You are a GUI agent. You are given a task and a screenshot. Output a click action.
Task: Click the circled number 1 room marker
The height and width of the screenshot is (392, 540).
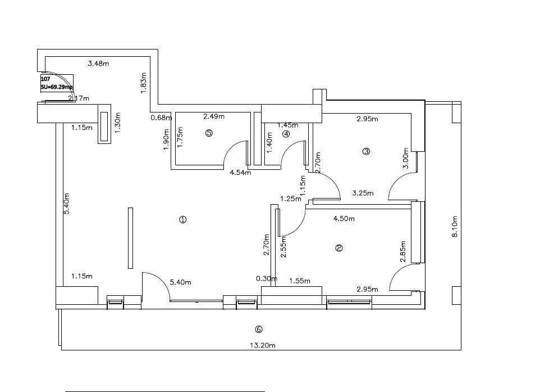(182, 219)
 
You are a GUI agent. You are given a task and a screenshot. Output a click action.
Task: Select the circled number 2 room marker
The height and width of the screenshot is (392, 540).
(339, 247)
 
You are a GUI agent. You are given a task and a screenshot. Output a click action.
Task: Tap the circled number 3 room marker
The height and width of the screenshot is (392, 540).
(367, 151)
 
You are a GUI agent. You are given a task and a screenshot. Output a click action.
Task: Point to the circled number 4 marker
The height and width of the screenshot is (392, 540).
(286, 134)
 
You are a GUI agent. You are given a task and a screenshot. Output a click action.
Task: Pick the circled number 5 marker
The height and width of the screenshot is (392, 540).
(209, 133)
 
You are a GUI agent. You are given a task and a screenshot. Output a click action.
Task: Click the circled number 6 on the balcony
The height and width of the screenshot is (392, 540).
(258, 329)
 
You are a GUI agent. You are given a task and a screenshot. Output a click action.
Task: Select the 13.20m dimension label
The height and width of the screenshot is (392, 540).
(263, 346)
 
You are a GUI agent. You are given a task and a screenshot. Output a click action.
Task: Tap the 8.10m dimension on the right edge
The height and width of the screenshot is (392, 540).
(455, 226)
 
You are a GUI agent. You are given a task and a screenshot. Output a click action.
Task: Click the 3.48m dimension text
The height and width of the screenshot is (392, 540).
(98, 64)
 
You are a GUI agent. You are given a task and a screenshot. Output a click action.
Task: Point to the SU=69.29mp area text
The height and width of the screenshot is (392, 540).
(56, 87)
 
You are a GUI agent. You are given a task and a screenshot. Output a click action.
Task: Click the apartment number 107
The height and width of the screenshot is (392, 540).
(45, 79)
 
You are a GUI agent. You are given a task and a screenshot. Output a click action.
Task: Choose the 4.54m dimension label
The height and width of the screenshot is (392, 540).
(240, 173)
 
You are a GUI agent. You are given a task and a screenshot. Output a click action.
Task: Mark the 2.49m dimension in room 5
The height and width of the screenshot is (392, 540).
(213, 117)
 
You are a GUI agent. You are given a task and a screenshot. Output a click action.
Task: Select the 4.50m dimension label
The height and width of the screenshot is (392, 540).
(344, 219)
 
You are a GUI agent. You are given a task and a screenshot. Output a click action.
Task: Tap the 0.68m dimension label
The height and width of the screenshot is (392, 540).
(161, 118)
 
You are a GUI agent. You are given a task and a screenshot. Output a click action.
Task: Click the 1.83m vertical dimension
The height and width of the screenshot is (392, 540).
(144, 83)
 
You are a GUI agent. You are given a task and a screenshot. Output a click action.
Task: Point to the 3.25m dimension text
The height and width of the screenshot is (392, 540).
(363, 193)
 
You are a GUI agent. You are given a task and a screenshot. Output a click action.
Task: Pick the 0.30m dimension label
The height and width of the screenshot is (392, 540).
(266, 278)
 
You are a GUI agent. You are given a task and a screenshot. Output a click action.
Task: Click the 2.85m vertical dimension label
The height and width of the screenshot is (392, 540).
(402, 253)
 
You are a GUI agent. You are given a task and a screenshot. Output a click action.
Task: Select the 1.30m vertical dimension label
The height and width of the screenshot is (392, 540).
(118, 123)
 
